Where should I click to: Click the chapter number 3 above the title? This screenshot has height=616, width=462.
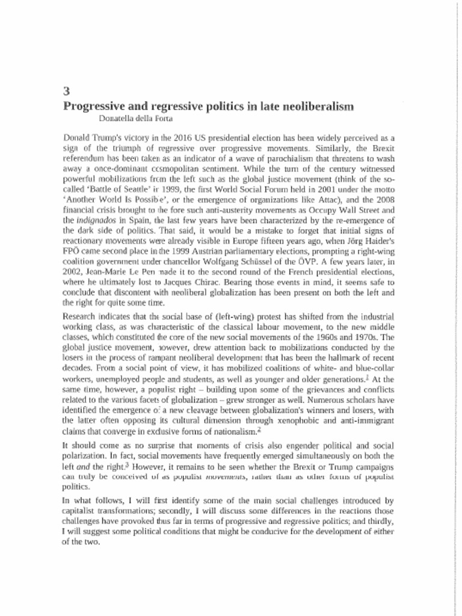click(x=66, y=92)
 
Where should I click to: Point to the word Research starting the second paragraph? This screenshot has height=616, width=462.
click(x=80, y=316)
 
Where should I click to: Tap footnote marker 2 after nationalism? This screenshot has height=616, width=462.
click(x=259, y=431)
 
